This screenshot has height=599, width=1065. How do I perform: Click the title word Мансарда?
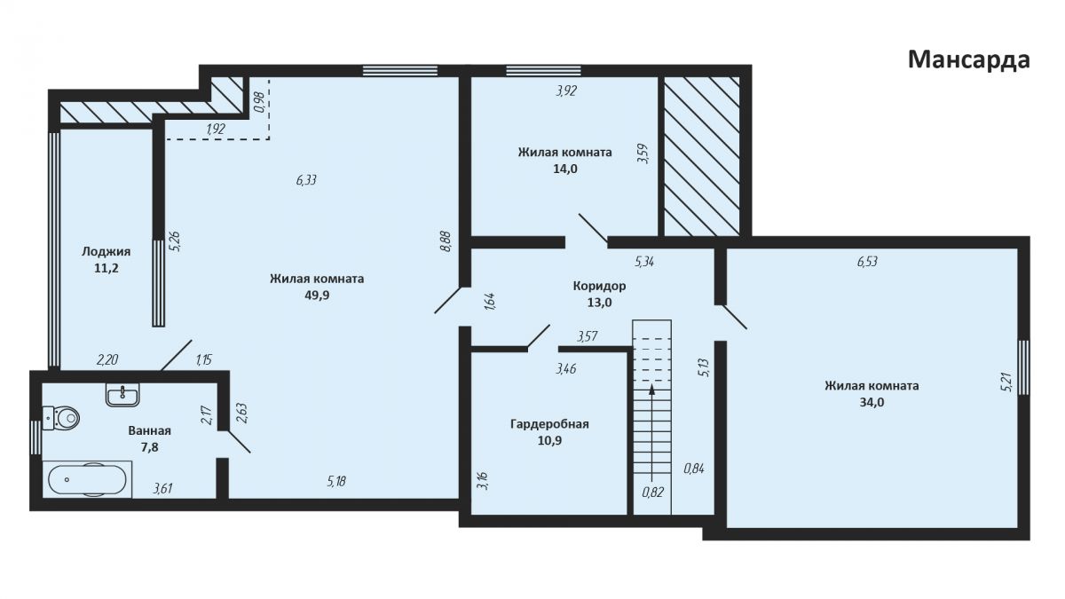tap(969, 60)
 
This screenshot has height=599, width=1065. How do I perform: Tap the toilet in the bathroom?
tap(61, 418)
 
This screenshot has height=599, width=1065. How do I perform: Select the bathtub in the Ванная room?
tap(87, 479)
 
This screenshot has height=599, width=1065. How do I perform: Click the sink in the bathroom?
tap(122, 395)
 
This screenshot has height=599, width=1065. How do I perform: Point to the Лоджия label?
tap(106, 251)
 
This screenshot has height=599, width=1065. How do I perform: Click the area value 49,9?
tap(317, 296)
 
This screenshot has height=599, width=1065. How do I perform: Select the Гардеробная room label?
tap(549, 424)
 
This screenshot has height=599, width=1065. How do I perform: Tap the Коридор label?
tap(599, 286)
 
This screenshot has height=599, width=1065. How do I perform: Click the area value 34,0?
tap(872, 402)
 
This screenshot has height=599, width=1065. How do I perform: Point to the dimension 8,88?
tap(446, 241)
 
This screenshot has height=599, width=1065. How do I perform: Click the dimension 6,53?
tap(867, 262)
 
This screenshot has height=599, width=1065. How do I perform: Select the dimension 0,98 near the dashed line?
tap(259, 101)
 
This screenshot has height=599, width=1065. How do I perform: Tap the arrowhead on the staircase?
tap(651, 390)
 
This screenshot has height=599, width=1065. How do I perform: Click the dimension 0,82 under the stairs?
tap(652, 493)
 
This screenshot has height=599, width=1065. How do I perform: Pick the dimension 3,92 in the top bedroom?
tap(566, 91)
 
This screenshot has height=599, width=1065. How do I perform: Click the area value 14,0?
tap(564, 169)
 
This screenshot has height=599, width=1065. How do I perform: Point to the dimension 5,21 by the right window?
tap(1006, 382)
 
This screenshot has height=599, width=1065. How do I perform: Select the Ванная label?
tap(149, 430)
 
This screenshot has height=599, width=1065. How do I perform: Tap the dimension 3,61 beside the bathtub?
tap(162, 488)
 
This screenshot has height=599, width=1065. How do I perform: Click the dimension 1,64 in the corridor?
tap(490, 302)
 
